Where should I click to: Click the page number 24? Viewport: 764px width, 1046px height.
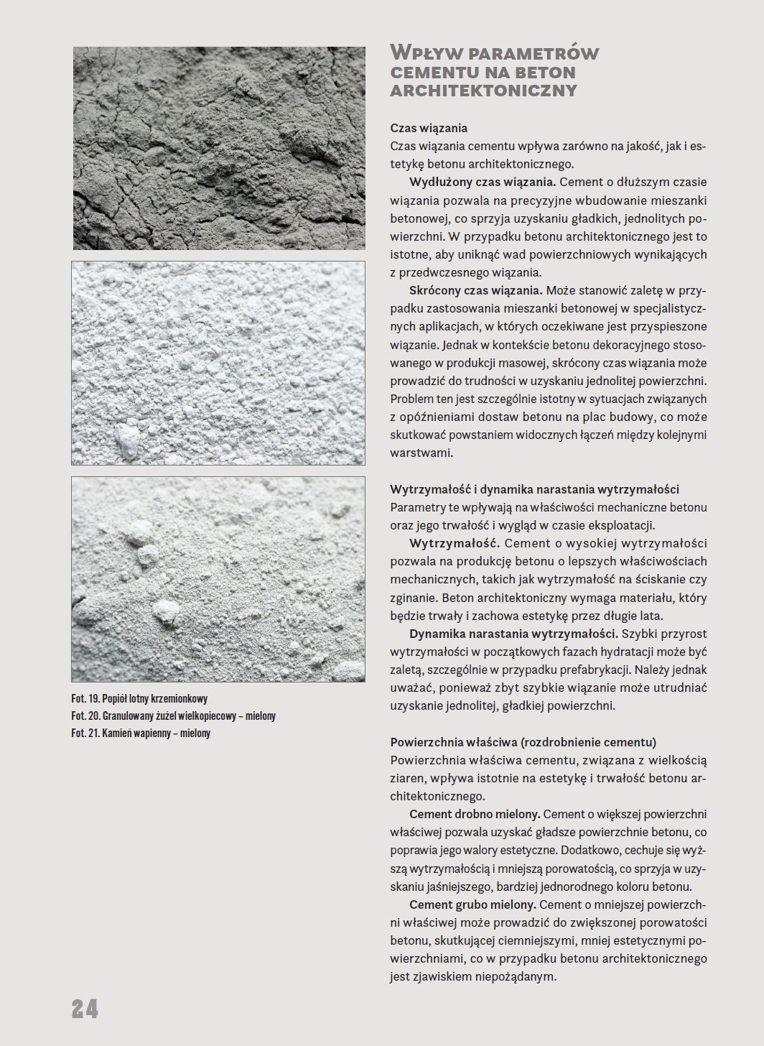tap(85, 1009)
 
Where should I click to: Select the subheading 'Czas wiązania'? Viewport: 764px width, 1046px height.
tap(429, 128)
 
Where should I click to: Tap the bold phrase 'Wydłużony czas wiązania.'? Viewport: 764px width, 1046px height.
tap(483, 182)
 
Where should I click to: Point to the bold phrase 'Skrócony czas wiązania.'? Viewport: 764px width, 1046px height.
tap(476, 290)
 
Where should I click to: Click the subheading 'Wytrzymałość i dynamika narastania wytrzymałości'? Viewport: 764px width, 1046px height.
tap(534, 489)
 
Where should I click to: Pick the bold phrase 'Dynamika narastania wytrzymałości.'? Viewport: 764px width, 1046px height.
tap(513, 634)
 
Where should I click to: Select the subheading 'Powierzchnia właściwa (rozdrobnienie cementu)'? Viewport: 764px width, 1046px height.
tap(523, 742)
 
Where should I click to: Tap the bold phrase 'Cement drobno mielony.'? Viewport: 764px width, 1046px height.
tap(475, 814)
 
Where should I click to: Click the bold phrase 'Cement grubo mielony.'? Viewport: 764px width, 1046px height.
tap(472, 904)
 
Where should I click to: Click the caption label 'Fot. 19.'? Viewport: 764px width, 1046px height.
tap(86, 698)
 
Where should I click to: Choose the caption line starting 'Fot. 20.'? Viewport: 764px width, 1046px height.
tap(173, 716)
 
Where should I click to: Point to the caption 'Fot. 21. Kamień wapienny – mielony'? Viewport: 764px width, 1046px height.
tap(141, 733)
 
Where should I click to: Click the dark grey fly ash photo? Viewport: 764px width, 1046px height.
tap(218, 147)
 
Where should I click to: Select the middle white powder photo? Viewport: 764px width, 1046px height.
tap(218, 363)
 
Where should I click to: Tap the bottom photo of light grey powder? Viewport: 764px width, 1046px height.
tap(218, 578)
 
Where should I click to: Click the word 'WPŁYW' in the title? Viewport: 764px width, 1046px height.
tap(424, 53)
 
